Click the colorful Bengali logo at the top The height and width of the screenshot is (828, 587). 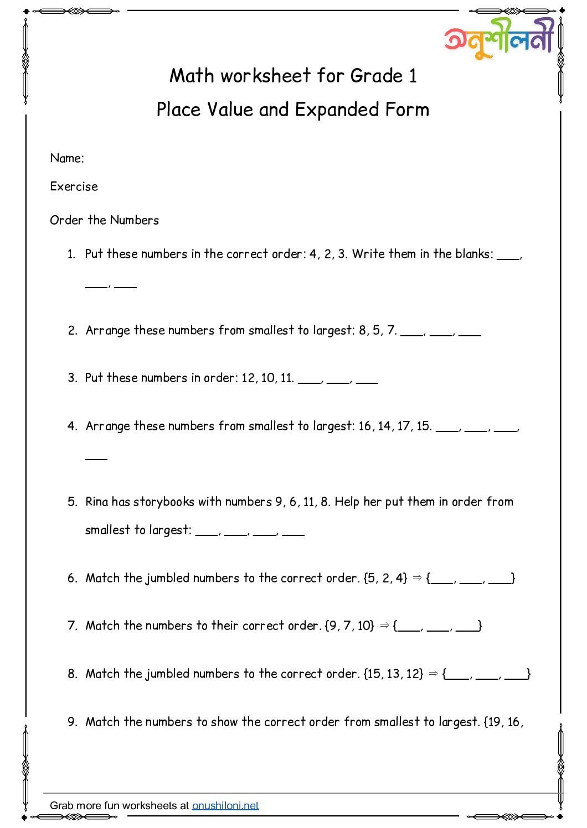point(499,40)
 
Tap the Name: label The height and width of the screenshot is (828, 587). point(67,158)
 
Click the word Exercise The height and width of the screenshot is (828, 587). point(74,186)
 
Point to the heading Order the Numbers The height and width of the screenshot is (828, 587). point(104,220)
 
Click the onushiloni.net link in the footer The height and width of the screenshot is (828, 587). point(225,805)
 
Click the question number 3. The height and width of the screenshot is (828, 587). point(72,378)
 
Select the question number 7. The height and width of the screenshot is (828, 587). point(72,626)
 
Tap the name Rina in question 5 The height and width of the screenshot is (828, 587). point(97,502)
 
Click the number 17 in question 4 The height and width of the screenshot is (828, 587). point(403,426)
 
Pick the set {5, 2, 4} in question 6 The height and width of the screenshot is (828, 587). point(385,578)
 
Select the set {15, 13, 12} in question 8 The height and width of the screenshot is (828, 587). point(393,674)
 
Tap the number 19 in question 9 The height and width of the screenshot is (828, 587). point(494,722)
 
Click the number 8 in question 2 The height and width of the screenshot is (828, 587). point(363,330)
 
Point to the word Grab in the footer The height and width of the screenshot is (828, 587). point(61,805)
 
